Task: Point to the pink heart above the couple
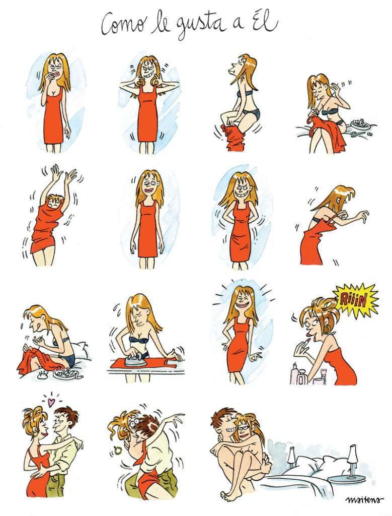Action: (50, 402)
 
